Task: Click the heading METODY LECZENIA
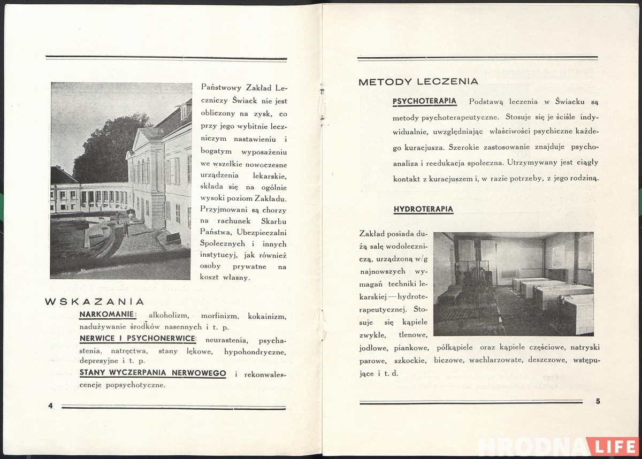click(418, 82)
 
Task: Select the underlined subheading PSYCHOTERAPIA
click(424, 101)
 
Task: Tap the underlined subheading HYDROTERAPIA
click(423, 209)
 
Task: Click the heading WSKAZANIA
click(95, 301)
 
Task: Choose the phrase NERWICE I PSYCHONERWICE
click(137, 339)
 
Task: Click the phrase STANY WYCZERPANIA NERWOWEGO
click(152, 373)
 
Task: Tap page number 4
click(50, 406)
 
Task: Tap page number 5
click(598, 401)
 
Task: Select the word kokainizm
click(267, 316)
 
